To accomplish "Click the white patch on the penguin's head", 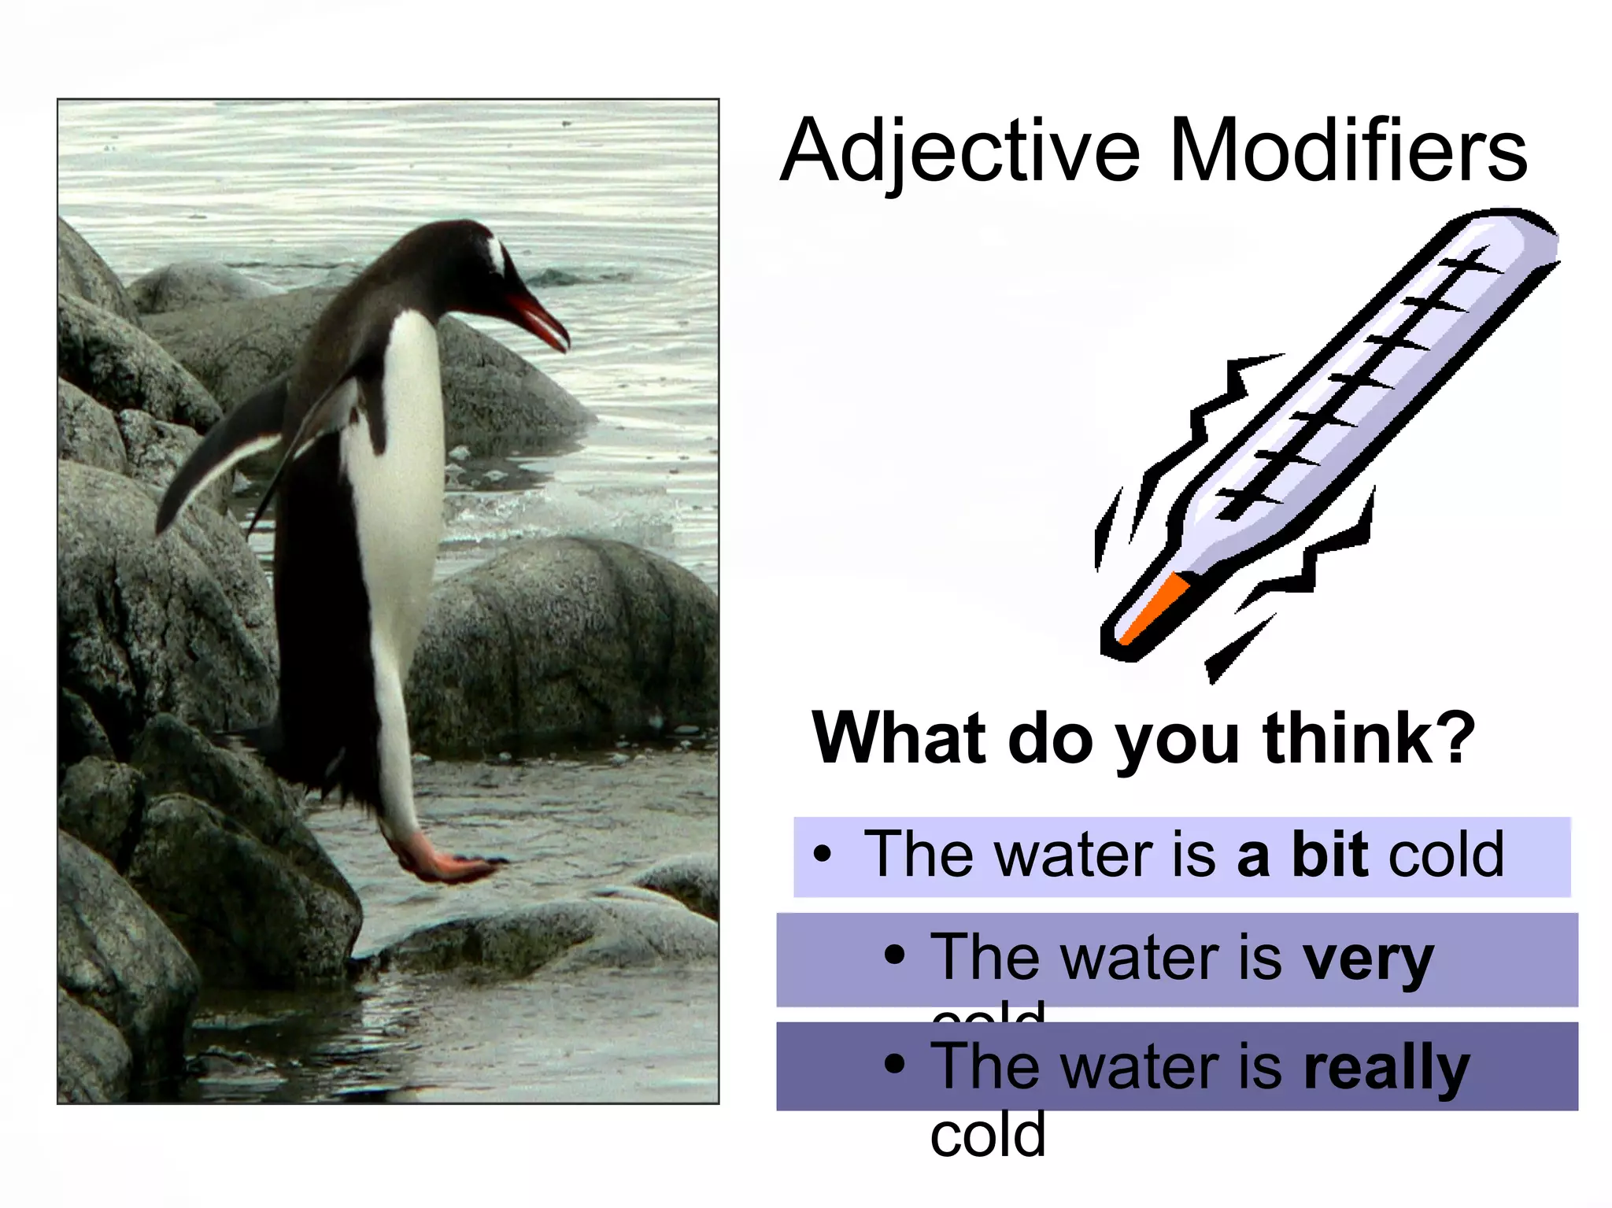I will (x=495, y=255).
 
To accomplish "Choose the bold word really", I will (x=1385, y=1068).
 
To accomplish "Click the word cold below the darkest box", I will (x=988, y=1135).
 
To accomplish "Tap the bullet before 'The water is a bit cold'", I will (x=822, y=855).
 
